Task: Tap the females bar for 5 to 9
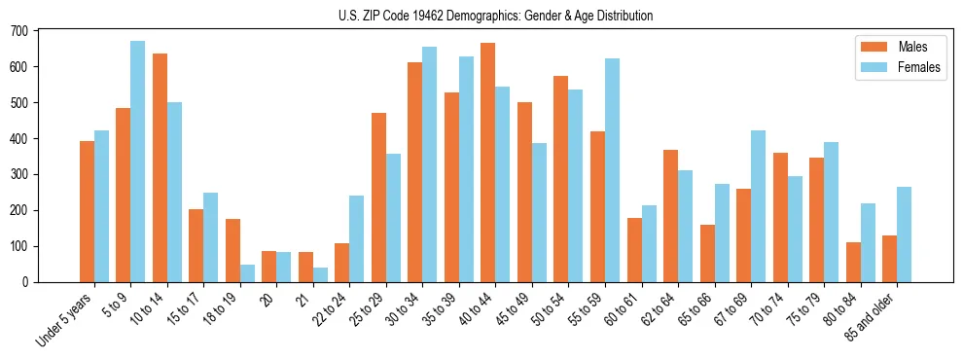138,162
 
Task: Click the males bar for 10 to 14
160,167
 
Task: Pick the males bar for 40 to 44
488,162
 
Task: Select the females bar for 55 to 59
612,170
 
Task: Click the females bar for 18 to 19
247,273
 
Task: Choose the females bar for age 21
320,275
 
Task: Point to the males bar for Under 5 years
87,211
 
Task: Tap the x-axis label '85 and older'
871,317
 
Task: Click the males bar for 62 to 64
670,216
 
